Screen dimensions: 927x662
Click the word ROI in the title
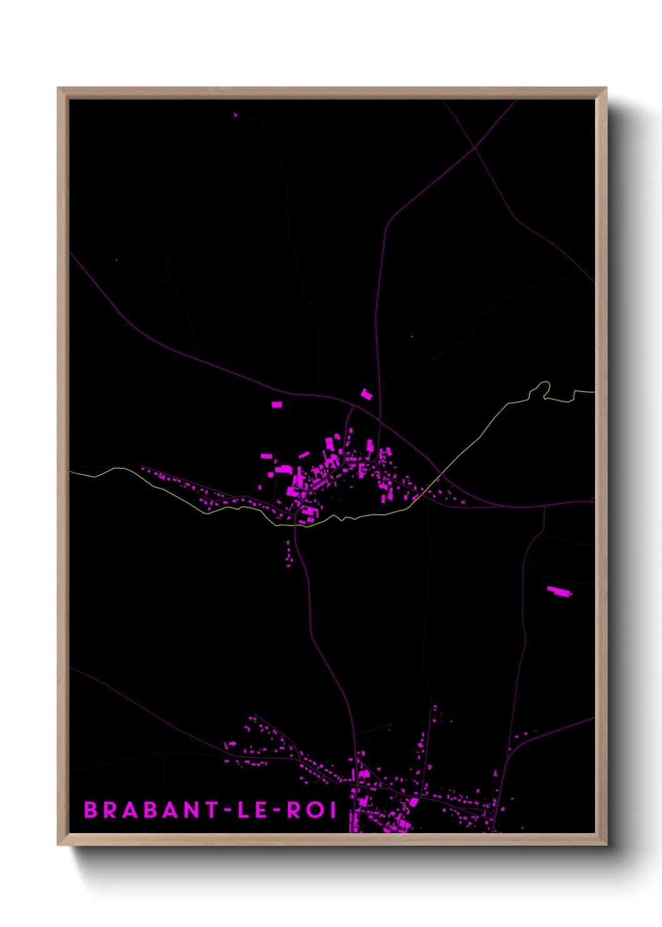pos(312,810)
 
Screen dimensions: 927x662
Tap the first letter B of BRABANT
pos(91,810)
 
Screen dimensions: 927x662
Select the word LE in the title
pos(252,810)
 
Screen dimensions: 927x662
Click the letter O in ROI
pos(312,810)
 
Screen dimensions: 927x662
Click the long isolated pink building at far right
pos(559,591)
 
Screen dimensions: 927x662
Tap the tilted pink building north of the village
pos(366,395)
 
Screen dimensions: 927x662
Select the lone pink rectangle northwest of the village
pos(277,405)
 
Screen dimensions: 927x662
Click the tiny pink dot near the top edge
pos(235,115)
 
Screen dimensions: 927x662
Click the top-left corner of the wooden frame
pos(59,89)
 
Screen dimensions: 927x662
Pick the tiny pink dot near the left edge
pos(116,259)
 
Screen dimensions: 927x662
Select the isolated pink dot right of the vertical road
pos(411,336)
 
